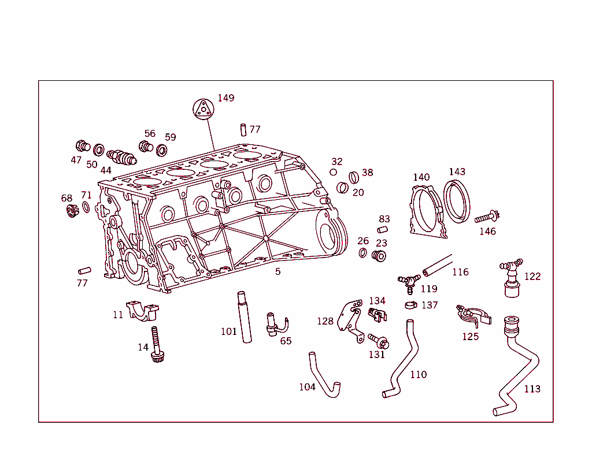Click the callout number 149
point(225,98)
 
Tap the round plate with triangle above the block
point(203,109)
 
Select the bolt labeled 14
point(156,345)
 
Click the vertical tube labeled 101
point(245,318)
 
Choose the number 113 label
point(532,389)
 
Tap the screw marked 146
point(487,218)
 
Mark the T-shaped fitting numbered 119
point(409,281)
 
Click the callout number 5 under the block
point(277,271)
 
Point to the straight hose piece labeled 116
point(437,265)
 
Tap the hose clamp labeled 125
point(472,314)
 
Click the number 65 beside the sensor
point(286,341)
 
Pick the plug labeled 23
point(379,256)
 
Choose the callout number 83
point(384,219)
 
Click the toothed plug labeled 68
point(72,211)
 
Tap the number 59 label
point(170,137)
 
